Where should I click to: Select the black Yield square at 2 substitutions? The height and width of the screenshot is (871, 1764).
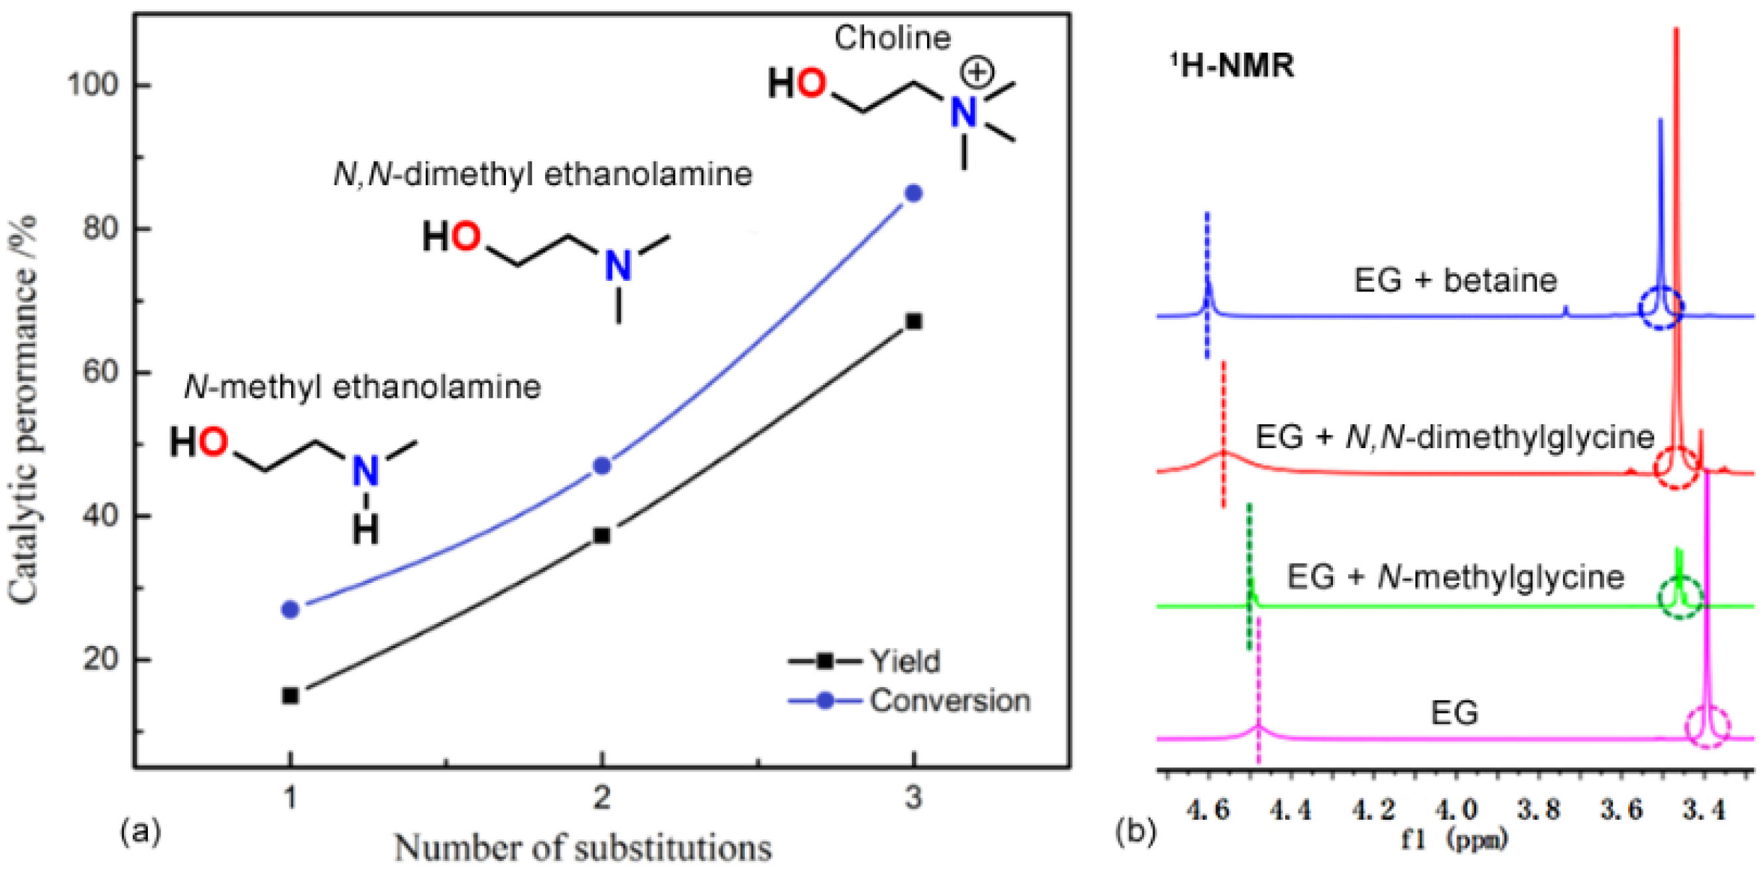click(x=602, y=535)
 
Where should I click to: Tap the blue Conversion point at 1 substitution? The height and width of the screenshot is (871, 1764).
click(x=290, y=609)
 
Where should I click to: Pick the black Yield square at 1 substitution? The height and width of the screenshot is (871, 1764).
click(x=290, y=696)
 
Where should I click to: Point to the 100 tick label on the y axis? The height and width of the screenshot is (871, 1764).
click(x=92, y=85)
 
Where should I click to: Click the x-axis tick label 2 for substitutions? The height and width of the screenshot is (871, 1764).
click(x=602, y=798)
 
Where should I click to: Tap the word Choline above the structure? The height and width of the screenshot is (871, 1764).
click(x=892, y=38)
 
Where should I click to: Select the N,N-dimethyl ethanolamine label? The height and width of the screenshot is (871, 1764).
click(x=542, y=174)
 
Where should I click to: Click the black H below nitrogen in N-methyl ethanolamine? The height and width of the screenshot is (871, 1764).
click(x=365, y=530)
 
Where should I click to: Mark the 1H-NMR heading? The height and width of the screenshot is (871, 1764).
click(x=1233, y=66)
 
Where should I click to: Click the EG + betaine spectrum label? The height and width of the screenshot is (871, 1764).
click(x=1455, y=280)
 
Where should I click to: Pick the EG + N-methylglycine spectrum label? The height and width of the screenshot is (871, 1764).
click(x=1455, y=577)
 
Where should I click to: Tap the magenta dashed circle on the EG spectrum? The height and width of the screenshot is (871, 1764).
click(x=1706, y=726)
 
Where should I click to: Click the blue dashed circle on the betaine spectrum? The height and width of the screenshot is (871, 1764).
click(x=1661, y=307)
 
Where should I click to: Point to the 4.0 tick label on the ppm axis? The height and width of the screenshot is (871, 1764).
click(x=1455, y=809)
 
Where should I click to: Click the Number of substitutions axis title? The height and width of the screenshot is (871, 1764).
click(x=584, y=848)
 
